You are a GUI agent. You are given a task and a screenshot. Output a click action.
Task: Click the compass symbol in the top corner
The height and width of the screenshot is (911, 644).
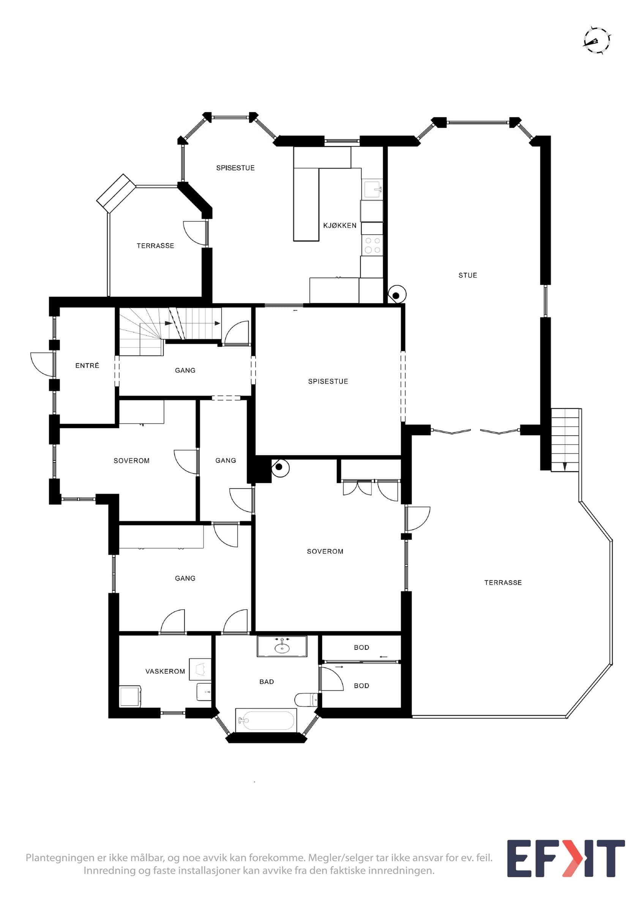[x=597, y=41]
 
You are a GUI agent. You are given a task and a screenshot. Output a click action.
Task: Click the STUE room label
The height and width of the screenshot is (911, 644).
[x=467, y=275]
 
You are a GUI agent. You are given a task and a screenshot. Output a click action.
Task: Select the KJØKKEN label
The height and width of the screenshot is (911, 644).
[x=340, y=225]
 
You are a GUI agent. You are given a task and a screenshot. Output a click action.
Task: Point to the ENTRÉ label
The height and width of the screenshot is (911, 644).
[x=87, y=366]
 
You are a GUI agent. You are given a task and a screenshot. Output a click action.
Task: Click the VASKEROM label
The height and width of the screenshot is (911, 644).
[x=165, y=671]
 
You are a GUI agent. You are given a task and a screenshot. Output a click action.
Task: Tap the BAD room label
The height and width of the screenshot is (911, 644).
[x=267, y=682]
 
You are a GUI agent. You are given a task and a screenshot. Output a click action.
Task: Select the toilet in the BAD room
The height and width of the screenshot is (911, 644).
[x=306, y=699]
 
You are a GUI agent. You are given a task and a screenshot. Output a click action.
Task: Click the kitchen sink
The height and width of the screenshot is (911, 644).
[x=372, y=189]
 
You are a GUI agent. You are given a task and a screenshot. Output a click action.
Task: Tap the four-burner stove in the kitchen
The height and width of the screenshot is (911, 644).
[x=372, y=245]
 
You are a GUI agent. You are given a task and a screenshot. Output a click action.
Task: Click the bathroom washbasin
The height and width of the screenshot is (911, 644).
[x=282, y=648]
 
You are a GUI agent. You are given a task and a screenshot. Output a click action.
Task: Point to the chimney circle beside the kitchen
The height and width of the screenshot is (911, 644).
[x=396, y=295]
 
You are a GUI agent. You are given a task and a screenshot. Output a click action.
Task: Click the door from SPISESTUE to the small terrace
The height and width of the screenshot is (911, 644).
[x=195, y=233]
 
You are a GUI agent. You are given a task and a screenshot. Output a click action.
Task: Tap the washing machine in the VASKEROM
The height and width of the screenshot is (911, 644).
[x=130, y=697]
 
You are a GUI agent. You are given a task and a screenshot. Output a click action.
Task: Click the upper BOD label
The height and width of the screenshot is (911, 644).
[x=361, y=648]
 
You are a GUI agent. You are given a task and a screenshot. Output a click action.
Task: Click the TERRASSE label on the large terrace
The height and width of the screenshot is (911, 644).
[x=503, y=582]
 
